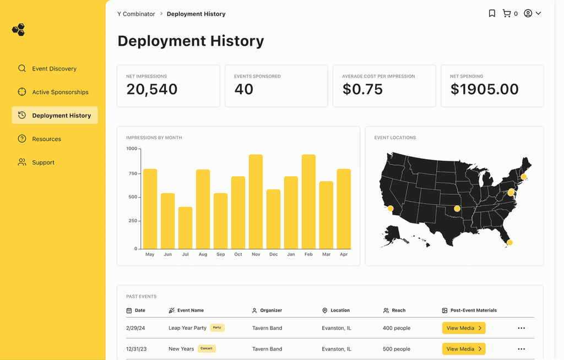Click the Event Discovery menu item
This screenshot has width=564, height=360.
(47, 68)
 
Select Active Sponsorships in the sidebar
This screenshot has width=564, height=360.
(53, 92)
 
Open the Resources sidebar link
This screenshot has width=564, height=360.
(40, 139)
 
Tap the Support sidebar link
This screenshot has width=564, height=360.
(36, 162)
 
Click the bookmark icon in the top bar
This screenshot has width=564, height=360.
(492, 13)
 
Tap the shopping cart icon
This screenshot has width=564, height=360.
(507, 13)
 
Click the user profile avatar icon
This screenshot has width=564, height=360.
(528, 13)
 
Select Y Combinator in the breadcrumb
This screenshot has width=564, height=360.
(136, 14)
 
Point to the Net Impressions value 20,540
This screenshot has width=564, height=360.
(152, 89)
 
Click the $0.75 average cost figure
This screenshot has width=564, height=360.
(362, 89)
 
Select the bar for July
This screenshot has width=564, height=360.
(185, 228)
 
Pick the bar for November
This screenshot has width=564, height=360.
(256, 202)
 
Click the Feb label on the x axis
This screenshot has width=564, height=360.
(308, 254)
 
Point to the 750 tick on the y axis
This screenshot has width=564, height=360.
(133, 173)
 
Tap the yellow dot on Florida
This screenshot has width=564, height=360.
(509, 242)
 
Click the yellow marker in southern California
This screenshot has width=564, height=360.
(391, 208)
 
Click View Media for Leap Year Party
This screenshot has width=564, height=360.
(464, 328)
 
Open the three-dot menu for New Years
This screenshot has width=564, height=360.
(521, 349)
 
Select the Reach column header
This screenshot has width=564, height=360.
(394, 310)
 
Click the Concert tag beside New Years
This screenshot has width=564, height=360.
(207, 348)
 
